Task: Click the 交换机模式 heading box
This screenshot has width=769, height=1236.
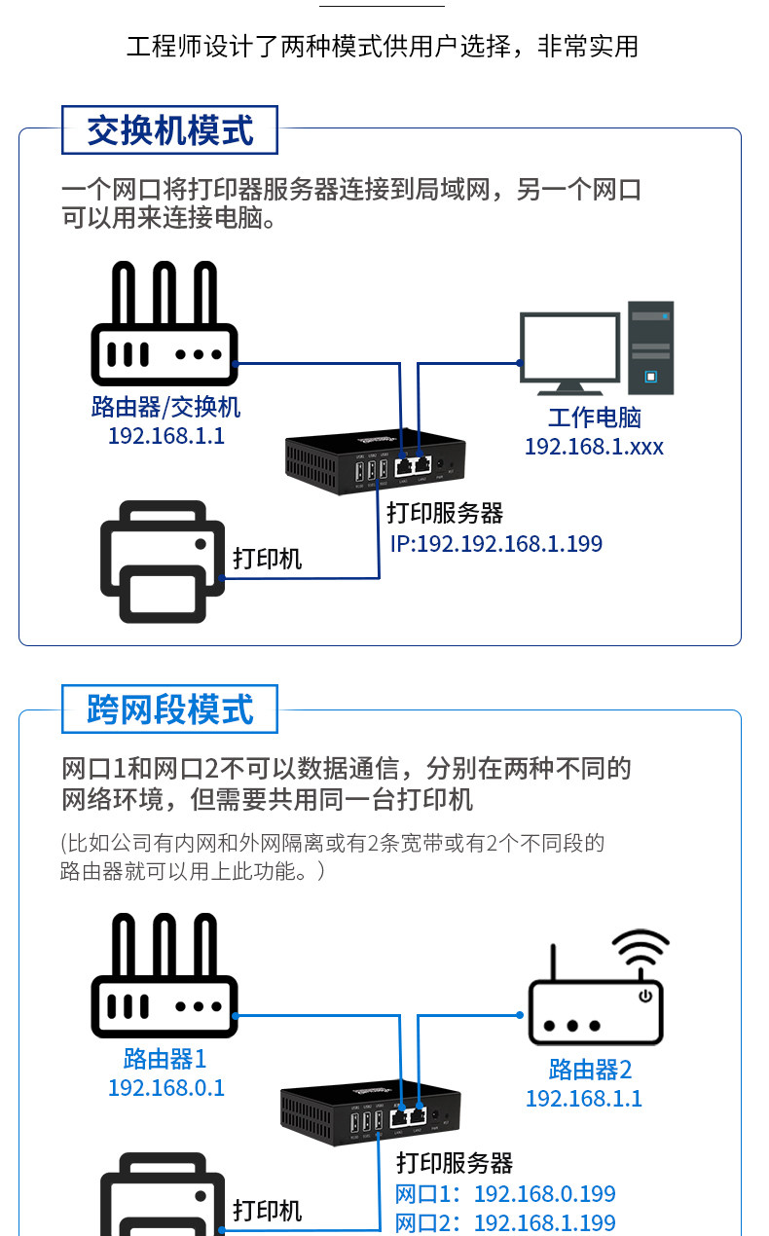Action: (x=169, y=130)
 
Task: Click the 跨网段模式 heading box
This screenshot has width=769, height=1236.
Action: (x=169, y=709)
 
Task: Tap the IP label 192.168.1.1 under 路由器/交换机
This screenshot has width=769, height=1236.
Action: (x=165, y=435)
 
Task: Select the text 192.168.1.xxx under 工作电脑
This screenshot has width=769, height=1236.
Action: (x=594, y=447)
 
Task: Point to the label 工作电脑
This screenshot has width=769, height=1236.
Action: (x=594, y=418)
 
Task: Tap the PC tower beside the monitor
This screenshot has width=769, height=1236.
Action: (x=650, y=347)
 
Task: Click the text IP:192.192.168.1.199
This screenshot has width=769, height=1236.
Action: (x=496, y=543)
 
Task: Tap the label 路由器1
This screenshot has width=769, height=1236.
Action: (x=165, y=1058)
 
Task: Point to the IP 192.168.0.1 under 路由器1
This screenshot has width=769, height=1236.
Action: (x=165, y=1087)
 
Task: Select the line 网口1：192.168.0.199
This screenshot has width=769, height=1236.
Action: (x=505, y=1194)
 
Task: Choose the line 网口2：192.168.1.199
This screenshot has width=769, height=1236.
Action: (x=505, y=1222)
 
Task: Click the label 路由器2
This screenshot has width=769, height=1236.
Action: (x=590, y=1070)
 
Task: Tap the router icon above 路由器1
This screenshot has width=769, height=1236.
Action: (x=165, y=978)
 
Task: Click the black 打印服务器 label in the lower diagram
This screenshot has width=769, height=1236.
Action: (x=455, y=1162)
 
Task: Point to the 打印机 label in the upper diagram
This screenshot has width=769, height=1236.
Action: (x=268, y=559)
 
